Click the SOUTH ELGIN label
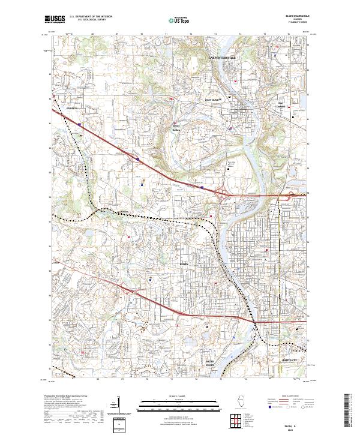click(x=209, y=364)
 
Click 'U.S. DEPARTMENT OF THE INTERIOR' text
click(x=91, y=17)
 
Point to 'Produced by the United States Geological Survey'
click(x=58, y=397)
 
